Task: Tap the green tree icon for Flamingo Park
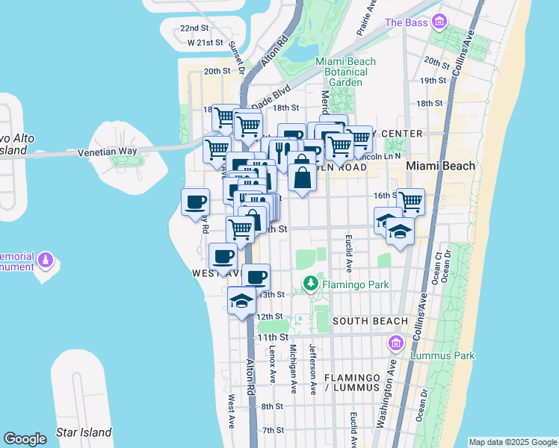pos(310,284)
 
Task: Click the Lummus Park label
pos(445,356)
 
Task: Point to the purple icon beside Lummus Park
pos(395,343)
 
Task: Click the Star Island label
pos(84,432)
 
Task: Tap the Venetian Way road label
pos(108,152)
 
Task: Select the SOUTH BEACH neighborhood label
pos(370,321)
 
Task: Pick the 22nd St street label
pos(194,28)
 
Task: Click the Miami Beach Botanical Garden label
pos(342,72)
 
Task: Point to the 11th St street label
pos(272,337)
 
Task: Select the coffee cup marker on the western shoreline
pos(196,202)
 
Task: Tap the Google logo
pos(25,439)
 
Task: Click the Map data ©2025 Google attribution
pos(512,442)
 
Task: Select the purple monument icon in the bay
pos(46,260)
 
